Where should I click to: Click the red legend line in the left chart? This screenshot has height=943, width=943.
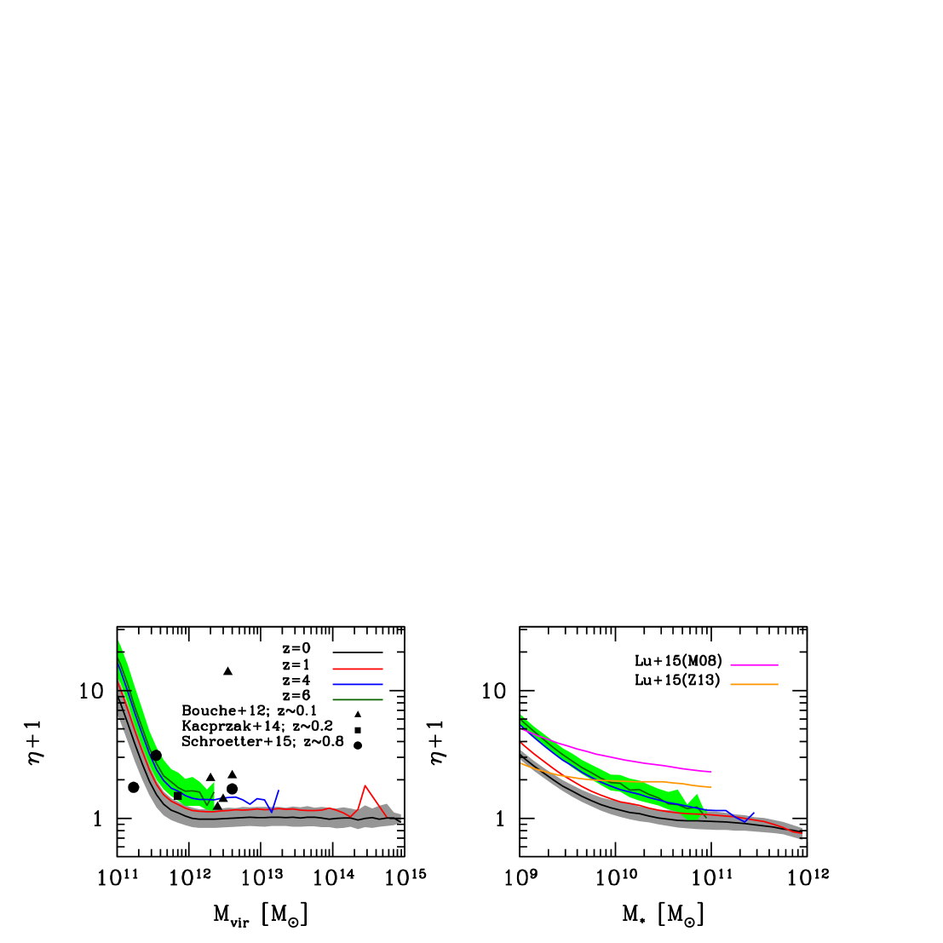pyautogui.click(x=357, y=669)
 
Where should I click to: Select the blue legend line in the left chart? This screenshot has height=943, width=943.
pyautogui.click(x=357, y=684)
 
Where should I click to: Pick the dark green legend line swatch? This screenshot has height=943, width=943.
pyautogui.click(x=357, y=699)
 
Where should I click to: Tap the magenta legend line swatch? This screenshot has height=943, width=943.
pyautogui.click(x=754, y=664)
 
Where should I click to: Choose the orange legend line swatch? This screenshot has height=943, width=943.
pyautogui.click(x=754, y=684)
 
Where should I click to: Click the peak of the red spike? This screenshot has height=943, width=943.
pyautogui.click(x=365, y=785)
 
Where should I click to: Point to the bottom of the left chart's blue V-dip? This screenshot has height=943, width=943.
pyautogui.click(x=272, y=812)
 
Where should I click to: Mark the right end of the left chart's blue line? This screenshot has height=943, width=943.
pyautogui.click(x=279, y=791)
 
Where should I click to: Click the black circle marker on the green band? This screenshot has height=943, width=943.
pyautogui.click(x=154, y=754)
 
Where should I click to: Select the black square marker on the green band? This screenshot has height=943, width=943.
pyautogui.click(x=177, y=796)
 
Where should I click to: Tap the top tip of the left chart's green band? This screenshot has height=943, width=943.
pyautogui.click(x=118, y=641)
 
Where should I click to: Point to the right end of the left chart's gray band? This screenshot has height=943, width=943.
pyautogui.click(x=400, y=818)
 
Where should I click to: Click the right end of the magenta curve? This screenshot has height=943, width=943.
pyautogui.click(x=711, y=772)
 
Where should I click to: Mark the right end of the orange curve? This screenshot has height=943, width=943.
pyautogui.click(x=711, y=787)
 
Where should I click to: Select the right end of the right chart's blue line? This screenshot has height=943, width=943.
pyautogui.click(x=754, y=813)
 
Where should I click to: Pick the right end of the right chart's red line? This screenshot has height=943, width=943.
pyautogui.click(x=802, y=833)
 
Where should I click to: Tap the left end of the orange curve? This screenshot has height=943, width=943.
pyautogui.click(x=521, y=763)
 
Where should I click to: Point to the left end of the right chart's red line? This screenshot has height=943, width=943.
pyautogui.click(x=521, y=744)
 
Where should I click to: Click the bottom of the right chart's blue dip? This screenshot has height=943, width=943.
pyautogui.click(x=745, y=822)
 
